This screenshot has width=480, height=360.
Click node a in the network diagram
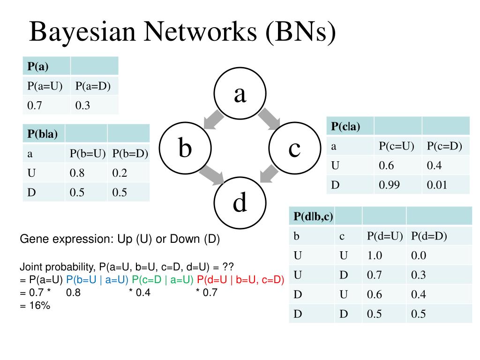pos(240,94)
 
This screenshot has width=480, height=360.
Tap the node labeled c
pos(294,149)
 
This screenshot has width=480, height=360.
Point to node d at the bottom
pos(240,203)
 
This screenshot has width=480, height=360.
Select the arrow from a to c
pos(268,119)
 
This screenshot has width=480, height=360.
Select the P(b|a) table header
pos(43,134)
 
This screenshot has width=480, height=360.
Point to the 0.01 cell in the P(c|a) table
pos(437,185)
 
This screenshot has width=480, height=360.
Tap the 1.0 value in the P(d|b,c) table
pos(375,256)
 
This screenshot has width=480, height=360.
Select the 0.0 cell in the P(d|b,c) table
pos(419,256)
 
